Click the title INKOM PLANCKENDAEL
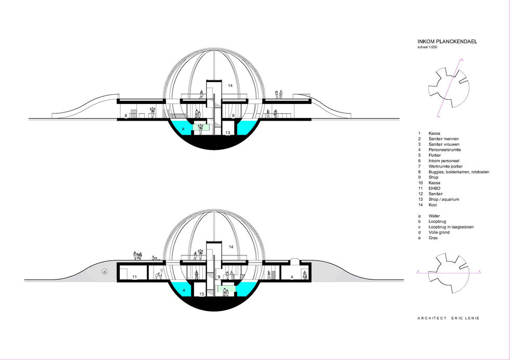[x=447, y=42]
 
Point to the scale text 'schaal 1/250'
[x=427, y=47]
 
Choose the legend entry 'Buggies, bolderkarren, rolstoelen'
[x=458, y=172]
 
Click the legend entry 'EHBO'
[x=434, y=188]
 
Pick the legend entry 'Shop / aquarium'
[x=443, y=199]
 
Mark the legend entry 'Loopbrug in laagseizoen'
[x=451, y=227]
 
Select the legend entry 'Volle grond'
[x=439, y=233]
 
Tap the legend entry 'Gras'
[x=433, y=238]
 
